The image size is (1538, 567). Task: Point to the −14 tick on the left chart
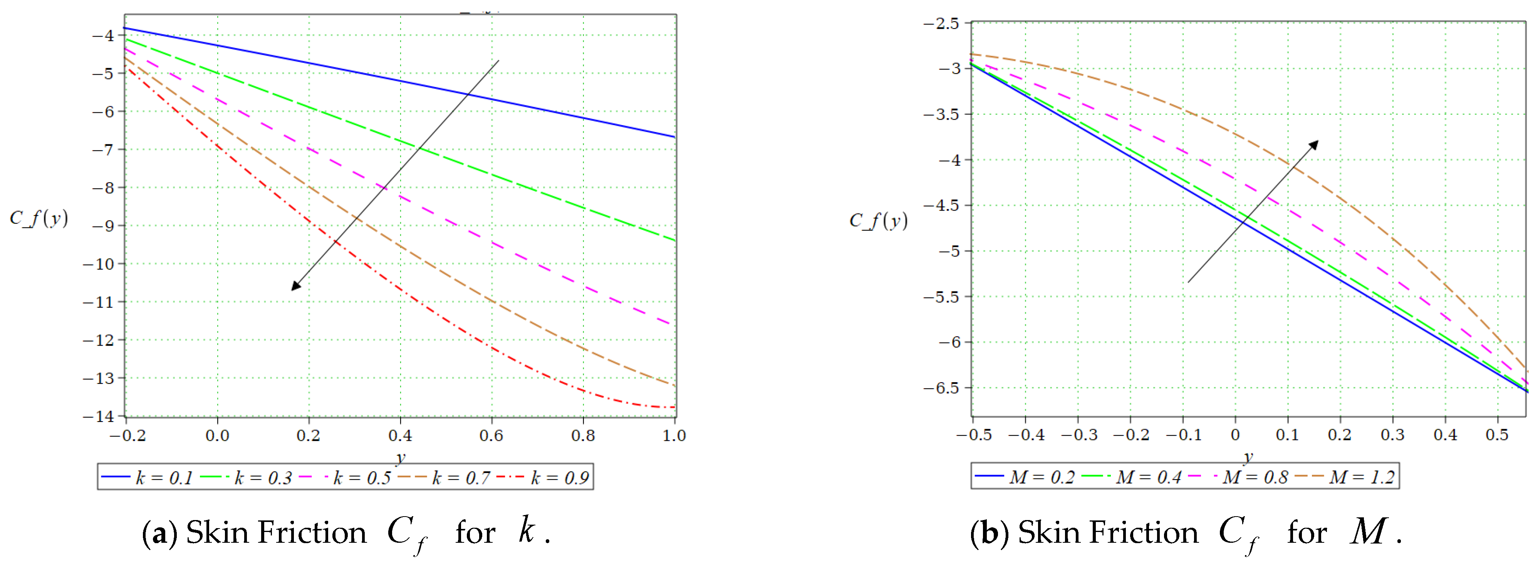tap(99, 416)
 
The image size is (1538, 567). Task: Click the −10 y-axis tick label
tap(99, 264)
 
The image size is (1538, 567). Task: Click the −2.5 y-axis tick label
tap(941, 23)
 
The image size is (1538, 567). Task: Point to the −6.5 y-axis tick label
tap(941, 388)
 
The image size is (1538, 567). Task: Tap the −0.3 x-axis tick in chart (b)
tap(1078, 435)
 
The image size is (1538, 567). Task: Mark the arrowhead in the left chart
tap(295, 286)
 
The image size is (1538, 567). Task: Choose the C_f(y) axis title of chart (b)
tap(878, 221)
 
